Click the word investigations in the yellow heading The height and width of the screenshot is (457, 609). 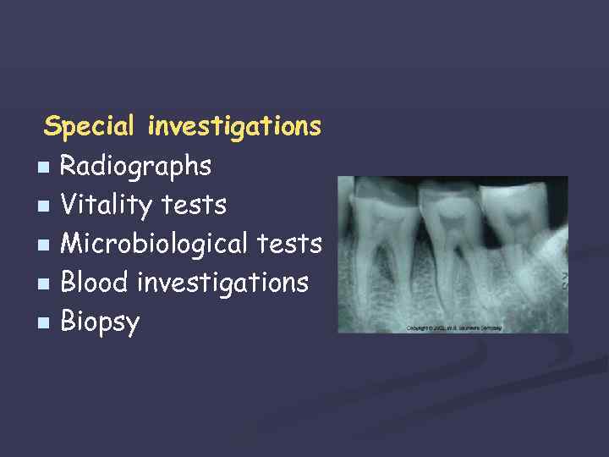pyautogui.click(x=234, y=127)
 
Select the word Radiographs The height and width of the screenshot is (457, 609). pyautogui.click(x=135, y=167)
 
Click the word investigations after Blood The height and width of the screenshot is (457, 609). pyautogui.click(x=222, y=282)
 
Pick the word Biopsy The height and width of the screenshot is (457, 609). pyautogui.click(x=101, y=322)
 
